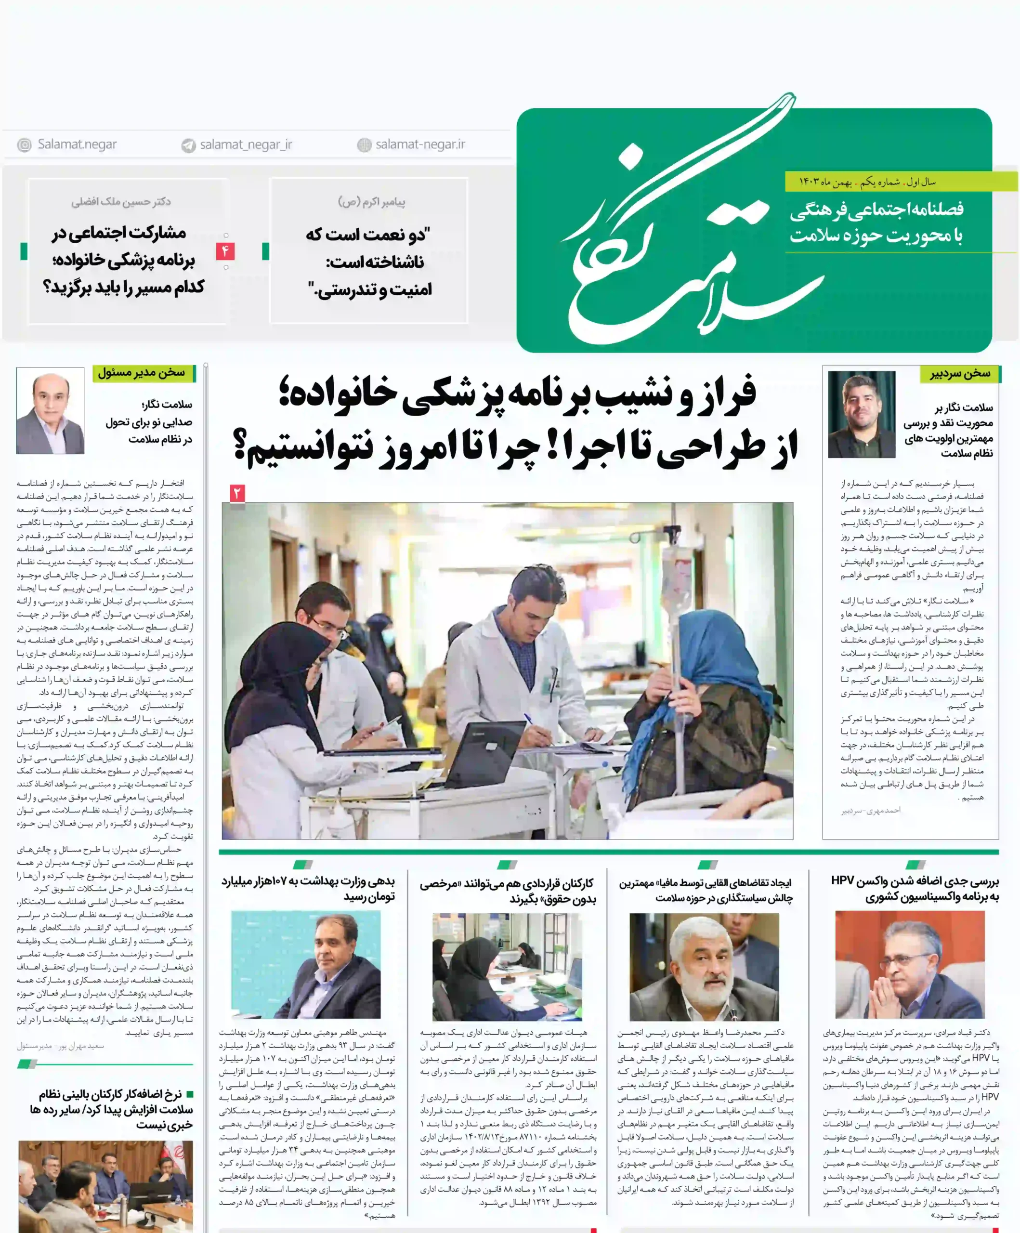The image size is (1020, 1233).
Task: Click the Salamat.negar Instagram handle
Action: [77, 144]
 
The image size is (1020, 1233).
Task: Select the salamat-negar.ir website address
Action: [419, 144]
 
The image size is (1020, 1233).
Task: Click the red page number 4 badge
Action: [225, 251]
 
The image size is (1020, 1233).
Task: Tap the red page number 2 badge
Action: [237, 493]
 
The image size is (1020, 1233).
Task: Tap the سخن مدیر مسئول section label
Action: [142, 373]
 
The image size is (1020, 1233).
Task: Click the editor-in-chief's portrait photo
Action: [861, 415]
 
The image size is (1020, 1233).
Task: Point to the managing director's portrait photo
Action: [51, 411]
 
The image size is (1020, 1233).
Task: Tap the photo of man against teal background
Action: [305, 965]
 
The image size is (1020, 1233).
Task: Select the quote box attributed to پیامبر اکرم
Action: [369, 251]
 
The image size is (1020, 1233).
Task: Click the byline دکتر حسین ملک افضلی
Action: [121, 202]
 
